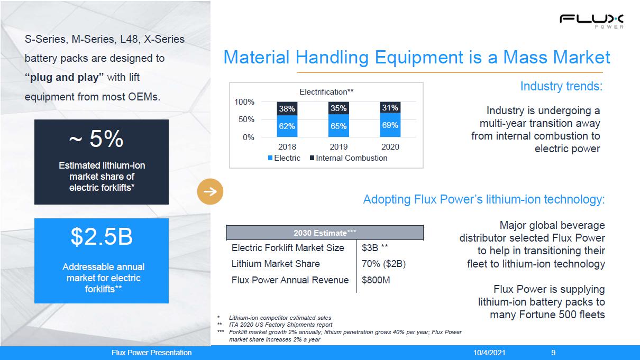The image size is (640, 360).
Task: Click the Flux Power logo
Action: coord(591,21)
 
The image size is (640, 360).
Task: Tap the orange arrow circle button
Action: coord(210,191)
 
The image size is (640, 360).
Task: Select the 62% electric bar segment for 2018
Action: coord(287,126)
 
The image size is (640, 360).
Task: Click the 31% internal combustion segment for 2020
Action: coord(390,108)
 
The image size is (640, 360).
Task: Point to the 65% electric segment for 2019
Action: coord(339,126)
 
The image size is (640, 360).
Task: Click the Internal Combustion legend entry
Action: coord(349,158)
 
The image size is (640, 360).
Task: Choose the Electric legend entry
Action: coord(284,158)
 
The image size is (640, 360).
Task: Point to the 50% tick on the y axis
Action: coord(246,119)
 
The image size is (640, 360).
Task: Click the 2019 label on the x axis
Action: coord(339,147)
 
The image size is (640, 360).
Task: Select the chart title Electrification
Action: coord(326,92)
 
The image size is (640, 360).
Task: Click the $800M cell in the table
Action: coord(376,280)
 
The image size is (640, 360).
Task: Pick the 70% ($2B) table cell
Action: coord(383,264)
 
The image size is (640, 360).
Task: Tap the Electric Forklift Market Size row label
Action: coord(288,248)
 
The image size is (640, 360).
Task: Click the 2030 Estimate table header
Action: coord(325,233)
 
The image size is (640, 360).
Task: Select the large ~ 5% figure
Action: coord(96,139)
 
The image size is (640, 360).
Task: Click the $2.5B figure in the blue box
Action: coord(102,237)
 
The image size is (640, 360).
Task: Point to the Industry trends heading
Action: coord(561,86)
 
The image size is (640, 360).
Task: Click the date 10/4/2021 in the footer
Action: coord(489,353)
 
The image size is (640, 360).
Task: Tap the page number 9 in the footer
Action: coord(553,353)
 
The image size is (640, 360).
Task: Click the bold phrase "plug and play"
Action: coord(64,77)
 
